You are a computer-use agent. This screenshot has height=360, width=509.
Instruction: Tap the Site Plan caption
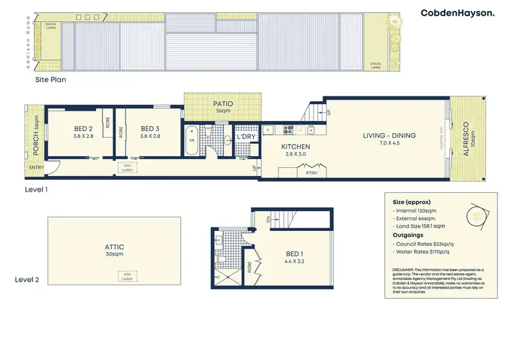pos(51,79)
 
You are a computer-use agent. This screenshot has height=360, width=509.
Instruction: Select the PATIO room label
pos(224,104)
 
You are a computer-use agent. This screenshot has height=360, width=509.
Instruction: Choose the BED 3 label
pos(149,128)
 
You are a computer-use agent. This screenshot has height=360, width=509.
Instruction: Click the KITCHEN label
pos(296,146)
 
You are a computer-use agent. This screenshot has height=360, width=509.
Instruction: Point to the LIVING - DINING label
pos(388,135)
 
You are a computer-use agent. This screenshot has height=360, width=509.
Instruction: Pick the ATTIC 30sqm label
pos(114,247)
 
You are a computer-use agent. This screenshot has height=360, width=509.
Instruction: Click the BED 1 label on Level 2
pos(295,256)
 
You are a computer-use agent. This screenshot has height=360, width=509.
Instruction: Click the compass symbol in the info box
pos(478,216)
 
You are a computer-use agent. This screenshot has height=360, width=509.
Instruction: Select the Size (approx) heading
pos(411,202)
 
